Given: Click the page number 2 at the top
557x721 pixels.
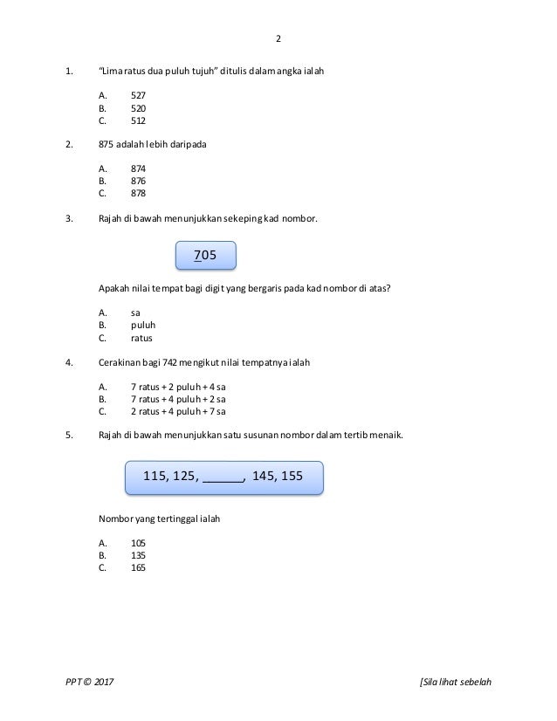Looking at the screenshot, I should tap(278, 39).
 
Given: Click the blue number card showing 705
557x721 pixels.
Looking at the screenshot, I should tap(206, 255).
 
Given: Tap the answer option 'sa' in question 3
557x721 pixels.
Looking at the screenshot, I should tap(135, 312).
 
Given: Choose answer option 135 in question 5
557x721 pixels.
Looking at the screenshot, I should tap(138, 555).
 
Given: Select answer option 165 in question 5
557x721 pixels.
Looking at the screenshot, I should tap(138, 567).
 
